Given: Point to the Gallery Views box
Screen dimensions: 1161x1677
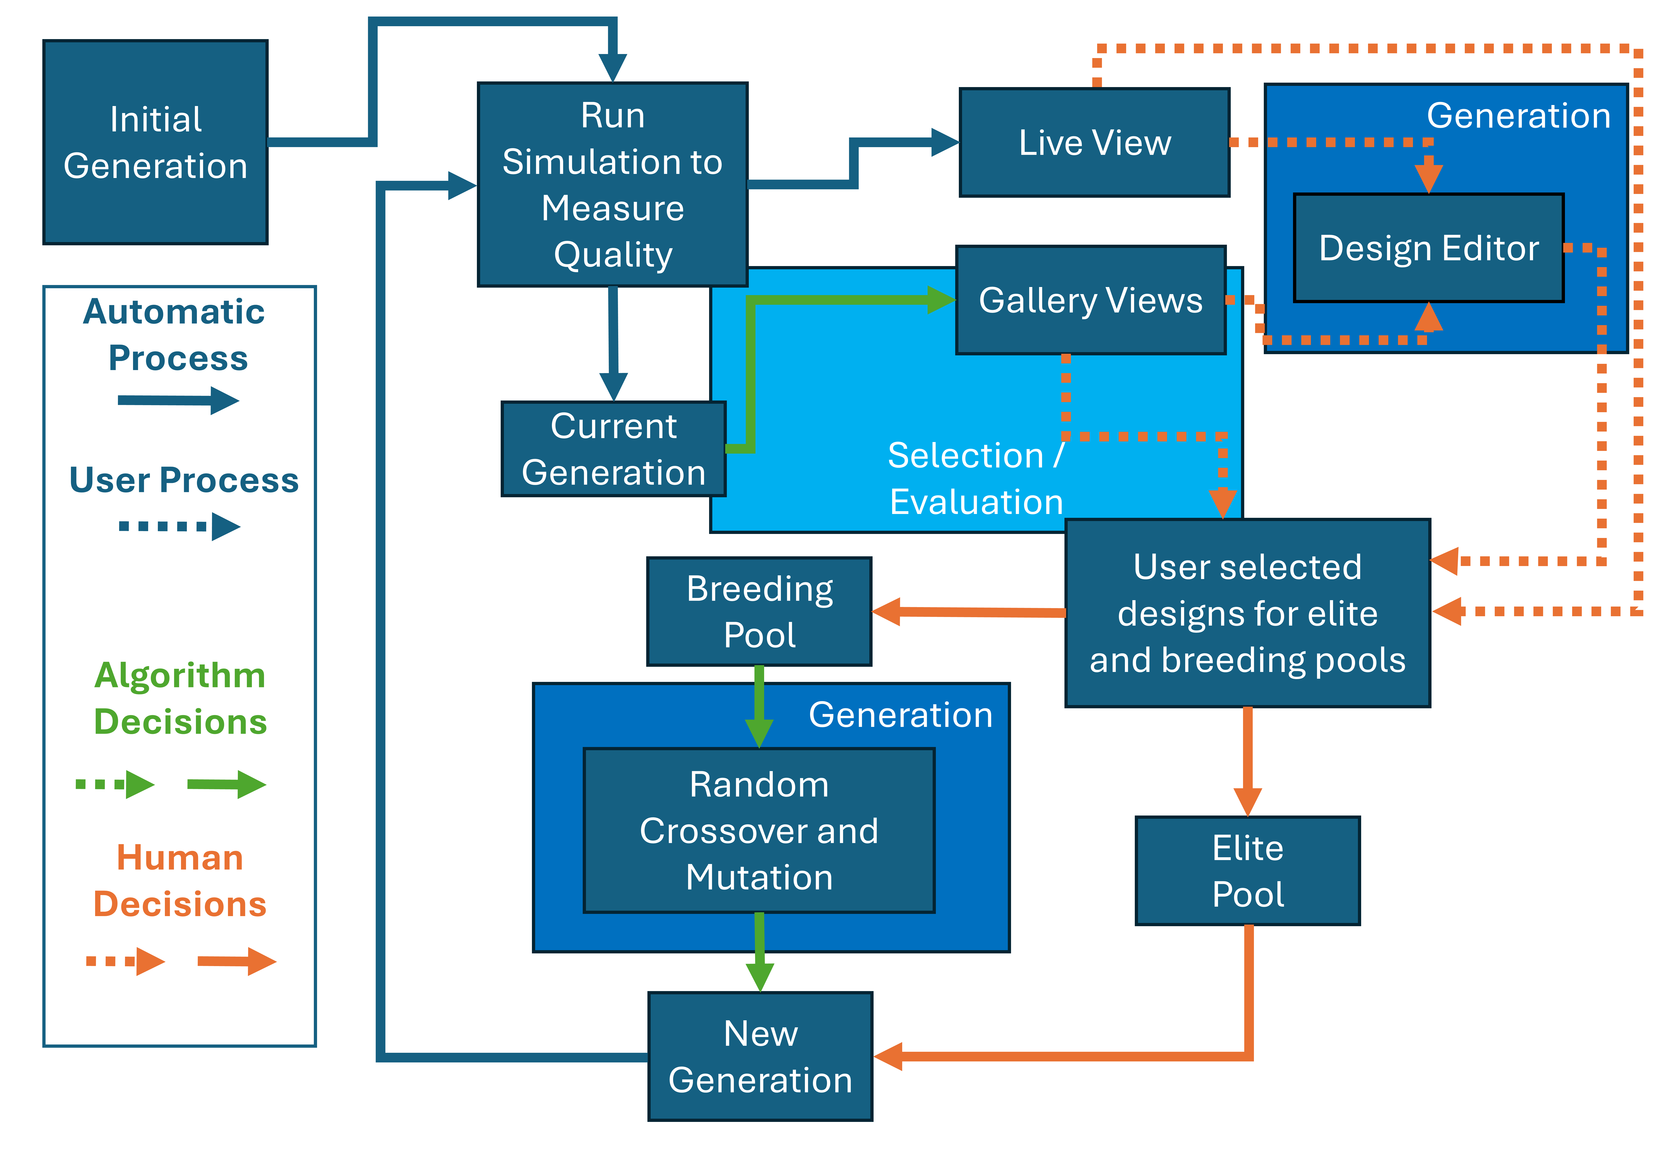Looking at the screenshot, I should tap(1090, 300).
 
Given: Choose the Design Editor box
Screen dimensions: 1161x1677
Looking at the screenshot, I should tap(1428, 248).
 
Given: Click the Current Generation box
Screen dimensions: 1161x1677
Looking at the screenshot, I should tap(613, 449).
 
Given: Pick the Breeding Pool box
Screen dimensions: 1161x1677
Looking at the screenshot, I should tap(759, 611).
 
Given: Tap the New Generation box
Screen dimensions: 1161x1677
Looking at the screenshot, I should tap(760, 1056).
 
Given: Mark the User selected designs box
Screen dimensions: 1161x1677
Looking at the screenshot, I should tap(1247, 613).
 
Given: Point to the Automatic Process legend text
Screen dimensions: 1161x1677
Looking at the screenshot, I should tap(175, 335).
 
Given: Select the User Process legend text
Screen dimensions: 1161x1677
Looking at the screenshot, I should tap(183, 480).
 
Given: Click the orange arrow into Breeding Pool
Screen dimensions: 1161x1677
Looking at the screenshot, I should tap(967, 612).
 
